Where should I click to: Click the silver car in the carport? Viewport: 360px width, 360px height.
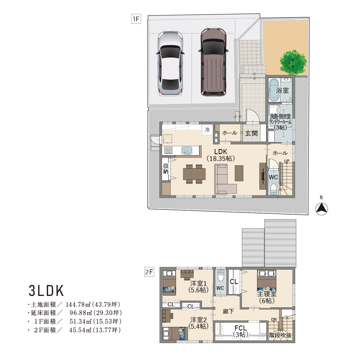(170, 63)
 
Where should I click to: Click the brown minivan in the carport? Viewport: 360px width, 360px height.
(213, 62)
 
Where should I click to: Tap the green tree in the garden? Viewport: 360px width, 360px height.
(293, 62)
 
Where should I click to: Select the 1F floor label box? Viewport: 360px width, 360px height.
(136, 19)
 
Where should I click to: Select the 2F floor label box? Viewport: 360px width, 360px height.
(149, 272)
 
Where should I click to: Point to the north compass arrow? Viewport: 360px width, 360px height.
(321, 209)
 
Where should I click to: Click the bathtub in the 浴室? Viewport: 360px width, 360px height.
(274, 90)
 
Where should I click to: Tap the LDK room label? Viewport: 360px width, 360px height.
(221, 152)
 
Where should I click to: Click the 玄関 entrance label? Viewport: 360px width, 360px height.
(251, 133)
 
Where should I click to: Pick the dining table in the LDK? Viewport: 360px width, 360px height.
(194, 174)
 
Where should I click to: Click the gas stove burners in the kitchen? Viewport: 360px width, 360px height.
(168, 150)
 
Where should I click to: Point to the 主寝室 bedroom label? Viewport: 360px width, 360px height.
(266, 294)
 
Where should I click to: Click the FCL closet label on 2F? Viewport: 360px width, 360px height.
(240, 328)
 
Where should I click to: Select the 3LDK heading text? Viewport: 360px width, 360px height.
(46, 291)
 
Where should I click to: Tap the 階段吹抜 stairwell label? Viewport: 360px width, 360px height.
(280, 335)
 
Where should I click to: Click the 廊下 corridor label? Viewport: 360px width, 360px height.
(228, 311)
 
